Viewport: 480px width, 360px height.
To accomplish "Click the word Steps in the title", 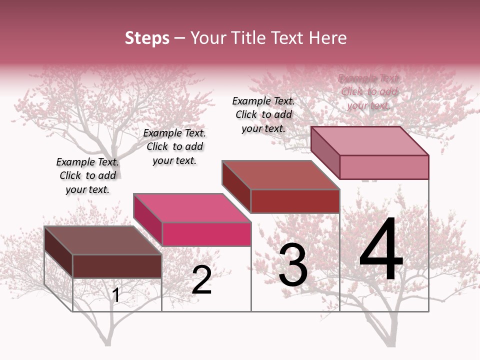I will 147,38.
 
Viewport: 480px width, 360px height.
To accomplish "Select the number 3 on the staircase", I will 292,265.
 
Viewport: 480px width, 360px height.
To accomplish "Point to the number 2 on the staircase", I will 201,280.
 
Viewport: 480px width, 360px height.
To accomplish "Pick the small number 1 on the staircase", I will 116,295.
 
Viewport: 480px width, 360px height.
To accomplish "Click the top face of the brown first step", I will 102,240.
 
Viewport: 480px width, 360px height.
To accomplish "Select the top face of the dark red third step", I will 280,175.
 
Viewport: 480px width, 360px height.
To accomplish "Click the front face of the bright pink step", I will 206,234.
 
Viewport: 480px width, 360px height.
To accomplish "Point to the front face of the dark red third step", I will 295,201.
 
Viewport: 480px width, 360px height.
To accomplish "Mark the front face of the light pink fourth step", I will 384,167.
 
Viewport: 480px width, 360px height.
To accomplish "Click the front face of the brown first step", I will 117,266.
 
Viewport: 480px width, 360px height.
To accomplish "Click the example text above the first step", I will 87,175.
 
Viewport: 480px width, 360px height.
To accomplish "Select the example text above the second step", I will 174,146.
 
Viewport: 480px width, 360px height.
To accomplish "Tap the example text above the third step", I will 263,114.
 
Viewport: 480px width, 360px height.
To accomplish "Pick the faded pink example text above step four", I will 369,91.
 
